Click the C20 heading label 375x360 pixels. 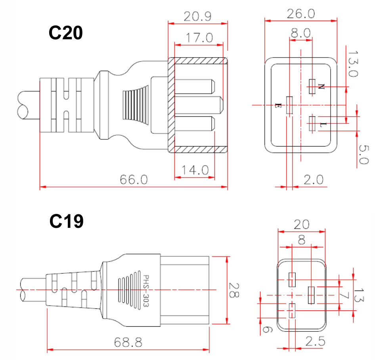point(65,33)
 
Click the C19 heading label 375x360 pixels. point(66,221)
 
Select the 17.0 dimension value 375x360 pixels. point(199,38)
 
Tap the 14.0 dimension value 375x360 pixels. point(195,170)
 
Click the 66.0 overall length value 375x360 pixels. point(134,179)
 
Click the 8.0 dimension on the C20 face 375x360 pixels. point(300,33)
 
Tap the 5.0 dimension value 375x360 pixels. point(364,154)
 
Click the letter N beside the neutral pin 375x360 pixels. point(321,87)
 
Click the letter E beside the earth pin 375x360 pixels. point(278,106)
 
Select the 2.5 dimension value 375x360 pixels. point(315,341)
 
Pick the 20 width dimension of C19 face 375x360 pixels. point(302,225)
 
